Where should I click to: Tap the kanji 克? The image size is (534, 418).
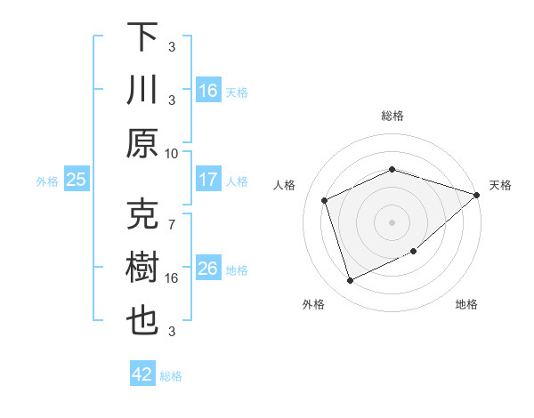click(x=142, y=213)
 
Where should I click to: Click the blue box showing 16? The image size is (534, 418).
click(x=208, y=90)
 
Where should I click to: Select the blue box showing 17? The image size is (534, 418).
click(x=208, y=180)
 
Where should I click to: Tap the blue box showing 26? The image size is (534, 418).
click(x=208, y=269)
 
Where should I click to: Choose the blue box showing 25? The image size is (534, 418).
click(x=77, y=180)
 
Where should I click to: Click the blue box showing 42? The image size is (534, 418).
click(x=142, y=374)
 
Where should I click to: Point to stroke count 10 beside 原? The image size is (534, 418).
click(x=172, y=153)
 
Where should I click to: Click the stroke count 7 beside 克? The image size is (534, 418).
click(x=172, y=216)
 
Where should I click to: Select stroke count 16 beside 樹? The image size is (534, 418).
click(x=172, y=278)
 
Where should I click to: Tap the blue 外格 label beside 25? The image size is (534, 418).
click(x=47, y=181)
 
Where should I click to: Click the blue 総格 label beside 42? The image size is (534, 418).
click(x=171, y=375)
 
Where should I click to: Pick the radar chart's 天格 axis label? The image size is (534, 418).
click(x=500, y=185)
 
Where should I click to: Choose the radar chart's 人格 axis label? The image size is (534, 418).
click(x=285, y=185)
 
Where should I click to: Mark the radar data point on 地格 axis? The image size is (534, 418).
click(x=414, y=251)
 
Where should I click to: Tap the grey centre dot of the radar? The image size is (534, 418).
click(x=392, y=221)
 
